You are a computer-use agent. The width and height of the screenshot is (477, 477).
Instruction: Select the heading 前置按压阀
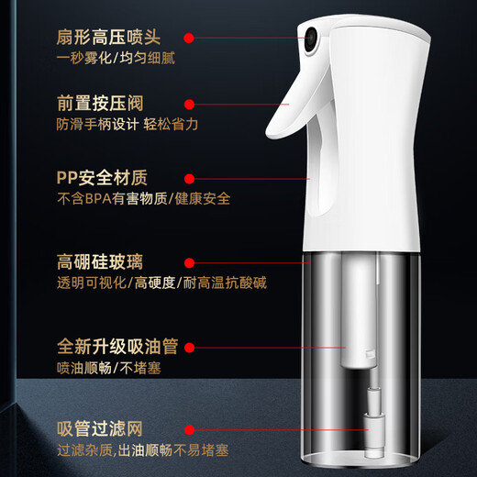pyautogui.click(x=99, y=105)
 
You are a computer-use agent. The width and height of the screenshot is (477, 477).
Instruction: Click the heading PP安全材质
pyautogui.click(x=101, y=177)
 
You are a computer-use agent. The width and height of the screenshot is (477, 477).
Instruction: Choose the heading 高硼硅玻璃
pyautogui.click(x=99, y=264)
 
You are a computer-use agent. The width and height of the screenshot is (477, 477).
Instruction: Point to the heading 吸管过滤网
pyautogui.click(x=99, y=427)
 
